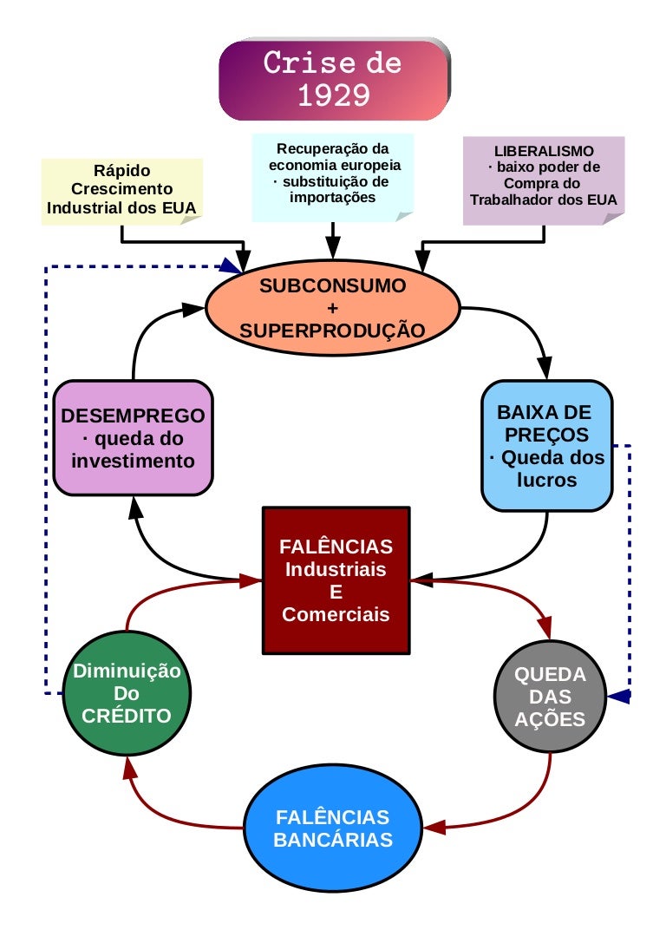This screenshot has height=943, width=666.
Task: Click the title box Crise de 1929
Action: [x=334, y=79]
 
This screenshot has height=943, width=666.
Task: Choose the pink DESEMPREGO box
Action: [x=133, y=438]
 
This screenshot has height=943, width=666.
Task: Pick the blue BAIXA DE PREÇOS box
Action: [x=546, y=444]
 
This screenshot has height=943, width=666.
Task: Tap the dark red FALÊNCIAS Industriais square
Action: [x=336, y=580]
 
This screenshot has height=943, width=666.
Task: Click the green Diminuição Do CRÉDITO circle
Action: [x=127, y=694]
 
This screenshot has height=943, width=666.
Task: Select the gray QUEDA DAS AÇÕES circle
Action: [x=550, y=697]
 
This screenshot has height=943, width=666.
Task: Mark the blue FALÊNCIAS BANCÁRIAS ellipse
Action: [x=333, y=828]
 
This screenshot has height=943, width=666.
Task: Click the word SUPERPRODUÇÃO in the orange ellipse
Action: [x=332, y=331]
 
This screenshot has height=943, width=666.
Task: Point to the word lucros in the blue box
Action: [x=546, y=480]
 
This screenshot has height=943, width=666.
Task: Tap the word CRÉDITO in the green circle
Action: [x=127, y=716]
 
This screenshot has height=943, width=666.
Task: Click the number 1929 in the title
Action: [x=333, y=95]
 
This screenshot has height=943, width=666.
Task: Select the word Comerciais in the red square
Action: [x=336, y=614]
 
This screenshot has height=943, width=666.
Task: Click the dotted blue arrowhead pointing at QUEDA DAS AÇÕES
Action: [x=617, y=696]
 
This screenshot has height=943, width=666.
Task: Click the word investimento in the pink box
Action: [x=133, y=461]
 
